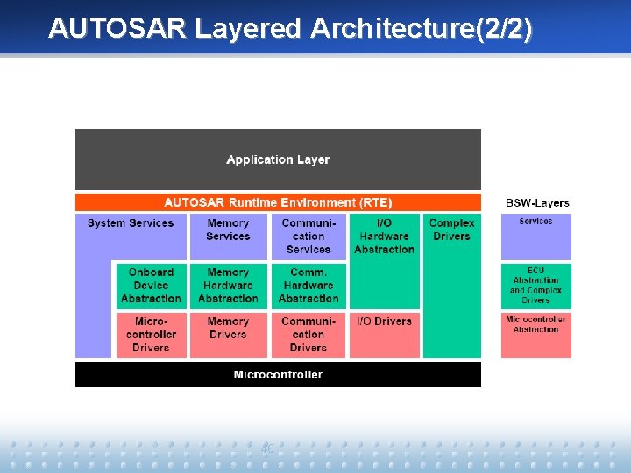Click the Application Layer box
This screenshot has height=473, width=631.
point(278,159)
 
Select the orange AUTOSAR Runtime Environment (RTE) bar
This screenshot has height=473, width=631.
point(278,202)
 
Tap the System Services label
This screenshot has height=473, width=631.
point(131,223)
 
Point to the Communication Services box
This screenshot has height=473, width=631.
point(308,236)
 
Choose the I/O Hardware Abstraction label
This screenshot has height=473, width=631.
point(384,236)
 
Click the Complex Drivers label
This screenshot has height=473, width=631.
point(451,229)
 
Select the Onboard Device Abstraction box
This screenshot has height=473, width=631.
point(151,286)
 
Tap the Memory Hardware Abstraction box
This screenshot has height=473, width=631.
point(228,286)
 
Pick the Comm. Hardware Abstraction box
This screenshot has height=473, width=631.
point(308,286)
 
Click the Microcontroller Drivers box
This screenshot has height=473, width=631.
point(151,335)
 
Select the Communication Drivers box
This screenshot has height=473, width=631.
point(308,335)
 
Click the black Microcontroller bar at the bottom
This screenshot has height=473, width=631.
point(278,375)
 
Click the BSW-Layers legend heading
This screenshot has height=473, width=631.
point(537,203)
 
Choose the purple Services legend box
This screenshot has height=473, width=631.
point(535,236)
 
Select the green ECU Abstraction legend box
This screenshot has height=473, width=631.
point(535,286)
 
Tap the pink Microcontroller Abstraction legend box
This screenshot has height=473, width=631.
point(535,335)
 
